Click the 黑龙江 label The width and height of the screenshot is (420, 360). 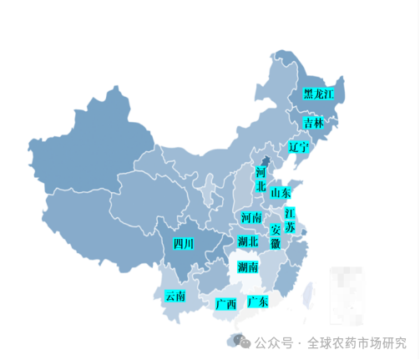point(318,94)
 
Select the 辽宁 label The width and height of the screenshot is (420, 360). point(298,147)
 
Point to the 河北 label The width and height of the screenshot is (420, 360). point(261,180)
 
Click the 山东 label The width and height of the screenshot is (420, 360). point(281,193)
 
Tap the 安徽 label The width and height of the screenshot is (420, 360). point(275,236)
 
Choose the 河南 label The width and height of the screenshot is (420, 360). point(250,218)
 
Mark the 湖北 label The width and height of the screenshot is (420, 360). point(248,242)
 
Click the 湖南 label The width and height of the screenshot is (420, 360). point(247,267)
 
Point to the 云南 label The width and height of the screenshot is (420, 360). point(175,296)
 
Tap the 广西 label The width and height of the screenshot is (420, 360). point(225,304)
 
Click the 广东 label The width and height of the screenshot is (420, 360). point(258,302)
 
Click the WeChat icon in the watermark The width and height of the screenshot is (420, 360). point(240,341)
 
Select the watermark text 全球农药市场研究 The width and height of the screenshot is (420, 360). point(357,342)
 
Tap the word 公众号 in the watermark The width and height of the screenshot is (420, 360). point(273,342)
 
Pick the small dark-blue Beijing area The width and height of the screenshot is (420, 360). point(266,161)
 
